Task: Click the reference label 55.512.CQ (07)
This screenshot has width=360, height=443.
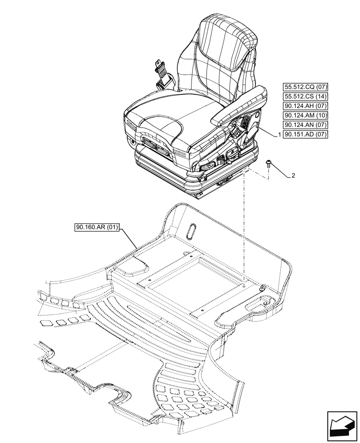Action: (304, 87)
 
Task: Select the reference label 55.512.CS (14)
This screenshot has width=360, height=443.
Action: (304, 97)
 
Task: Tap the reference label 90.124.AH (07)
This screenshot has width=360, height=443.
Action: (304, 106)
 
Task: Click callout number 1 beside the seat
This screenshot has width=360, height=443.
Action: (278, 134)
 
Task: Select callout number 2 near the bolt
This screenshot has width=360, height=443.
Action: (293, 176)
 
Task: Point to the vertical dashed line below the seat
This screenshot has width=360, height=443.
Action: (244, 230)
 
